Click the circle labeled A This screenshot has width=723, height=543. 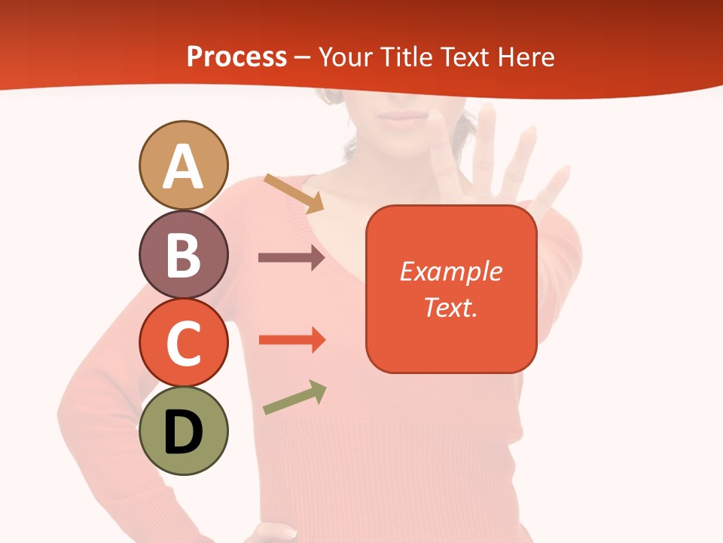[x=183, y=165]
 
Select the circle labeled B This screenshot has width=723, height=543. [x=183, y=254]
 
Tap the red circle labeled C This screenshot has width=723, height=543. [x=183, y=342]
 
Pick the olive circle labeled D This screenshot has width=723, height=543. [x=183, y=431]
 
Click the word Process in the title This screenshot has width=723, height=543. [x=236, y=57]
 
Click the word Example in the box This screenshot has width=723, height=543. [x=450, y=271]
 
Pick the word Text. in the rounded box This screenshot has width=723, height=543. [x=450, y=307]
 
